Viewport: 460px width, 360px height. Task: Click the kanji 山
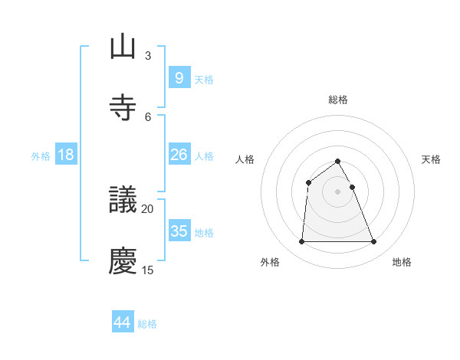pyautogui.click(x=123, y=47)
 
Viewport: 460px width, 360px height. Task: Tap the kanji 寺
pyautogui.click(x=123, y=107)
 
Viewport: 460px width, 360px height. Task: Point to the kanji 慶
pyautogui.click(x=123, y=261)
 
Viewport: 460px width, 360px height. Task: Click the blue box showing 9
pyautogui.click(x=179, y=78)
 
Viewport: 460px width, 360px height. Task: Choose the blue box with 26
pyautogui.click(x=179, y=155)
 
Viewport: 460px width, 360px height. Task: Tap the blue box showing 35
pyautogui.click(x=179, y=231)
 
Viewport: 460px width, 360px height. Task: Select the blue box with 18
pyautogui.click(x=66, y=155)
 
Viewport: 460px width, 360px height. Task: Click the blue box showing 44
pyautogui.click(x=122, y=322)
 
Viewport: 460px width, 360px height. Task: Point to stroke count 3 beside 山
pyautogui.click(x=148, y=55)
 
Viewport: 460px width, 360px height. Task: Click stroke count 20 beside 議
pyautogui.click(x=148, y=208)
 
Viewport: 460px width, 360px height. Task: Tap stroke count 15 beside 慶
pyautogui.click(x=148, y=270)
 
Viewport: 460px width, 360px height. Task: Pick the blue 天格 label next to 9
pyautogui.click(x=204, y=79)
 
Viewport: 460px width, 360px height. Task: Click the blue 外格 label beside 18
pyautogui.click(x=41, y=155)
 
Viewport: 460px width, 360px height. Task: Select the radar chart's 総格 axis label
pyautogui.click(x=338, y=100)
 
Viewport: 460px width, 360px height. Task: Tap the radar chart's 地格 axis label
pyautogui.click(x=402, y=262)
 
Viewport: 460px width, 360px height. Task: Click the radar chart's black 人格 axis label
pyautogui.click(x=245, y=159)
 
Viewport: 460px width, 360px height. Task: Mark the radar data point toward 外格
pyautogui.click(x=301, y=242)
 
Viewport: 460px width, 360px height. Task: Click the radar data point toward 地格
pyautogui.click(x=374, y=242)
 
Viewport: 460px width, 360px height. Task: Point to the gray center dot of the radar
pyautogui.click(x=338, y=191)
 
